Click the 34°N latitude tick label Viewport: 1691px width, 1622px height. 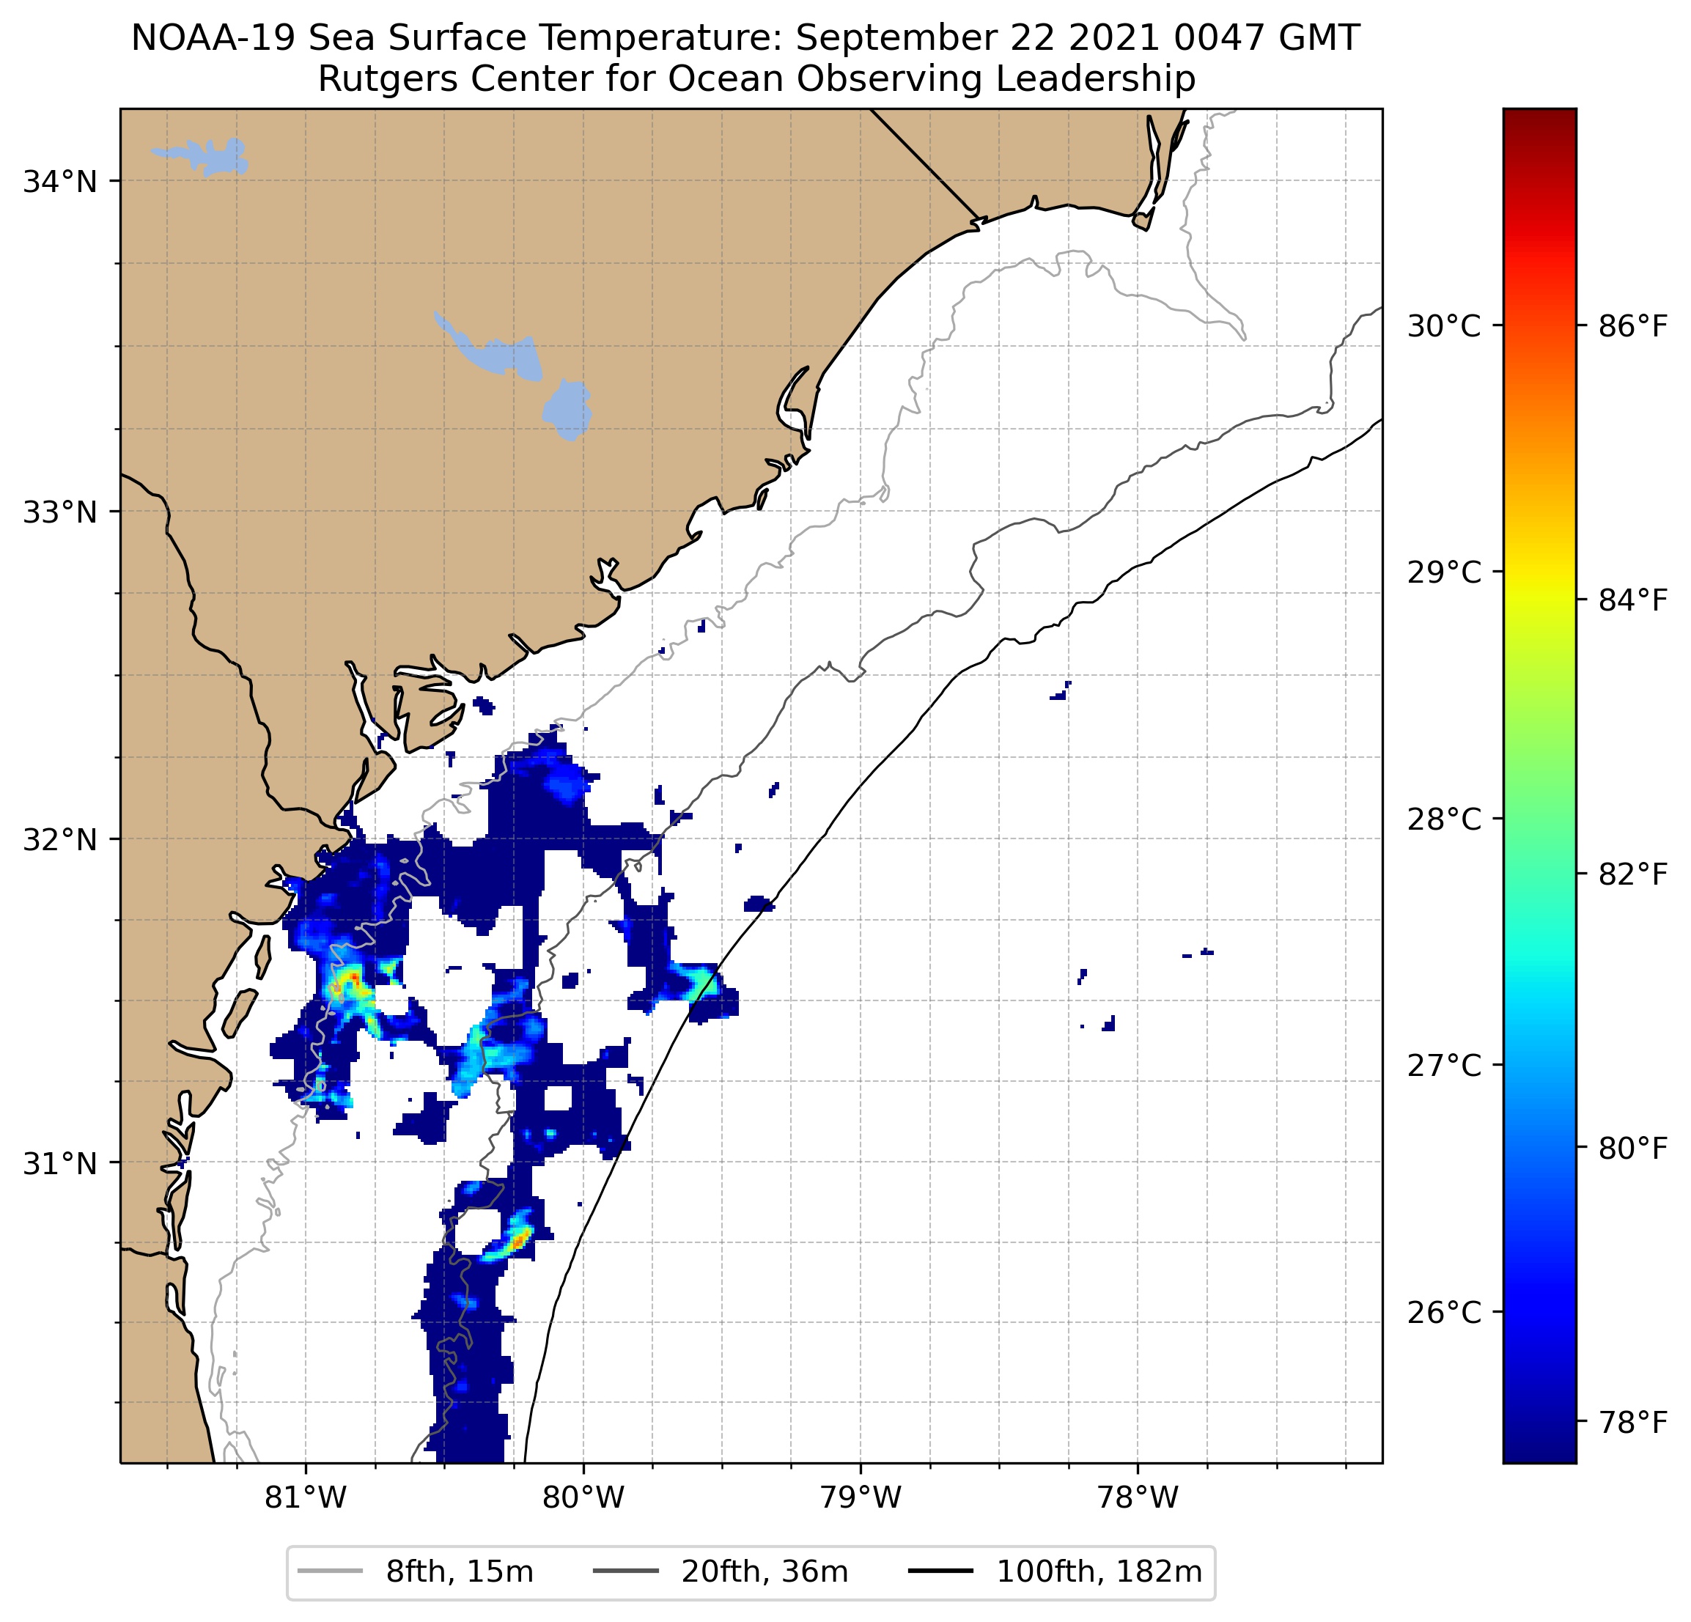[59, 182]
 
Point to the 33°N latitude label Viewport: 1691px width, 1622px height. [59, 512]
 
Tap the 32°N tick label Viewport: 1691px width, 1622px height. [59, 838]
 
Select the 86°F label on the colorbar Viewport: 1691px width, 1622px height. [1632, 326]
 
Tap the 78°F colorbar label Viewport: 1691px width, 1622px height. [1632, 1422]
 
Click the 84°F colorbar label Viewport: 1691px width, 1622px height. [1632, 600]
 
